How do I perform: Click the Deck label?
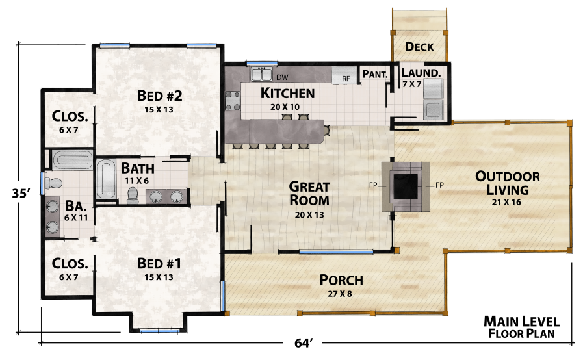[x=419, y=47]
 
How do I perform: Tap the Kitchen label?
[x=287, y=93]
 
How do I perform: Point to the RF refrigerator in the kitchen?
[x=345, y=79]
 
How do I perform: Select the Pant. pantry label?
[x=375, y=74]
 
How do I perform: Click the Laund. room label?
[x=421, y=73]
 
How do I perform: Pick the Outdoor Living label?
[x=508, y=183]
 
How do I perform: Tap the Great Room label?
[x=309, y=194]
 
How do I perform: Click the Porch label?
[x=341, y=280]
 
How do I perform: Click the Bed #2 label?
[x=159, y=96]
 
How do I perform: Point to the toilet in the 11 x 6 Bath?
[x=134, y=194]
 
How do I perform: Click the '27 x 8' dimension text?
[x=341, y=294]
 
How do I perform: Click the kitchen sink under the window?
[x=263, y=73]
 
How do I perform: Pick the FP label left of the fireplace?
[x=374, y=186]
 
